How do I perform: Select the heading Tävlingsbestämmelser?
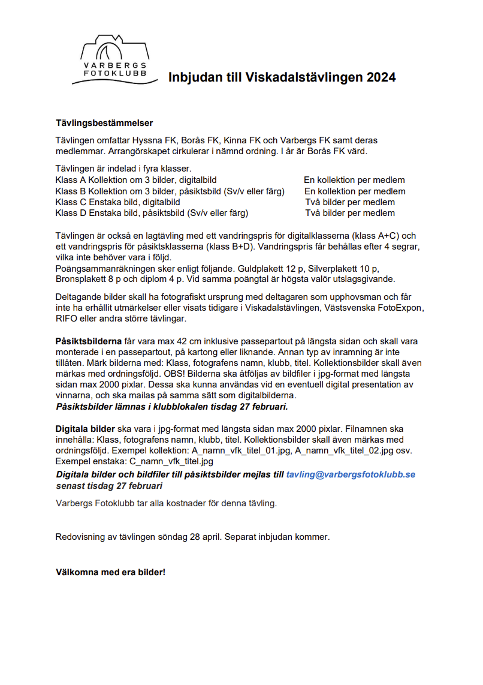(104, 124)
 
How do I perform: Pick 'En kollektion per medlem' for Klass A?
(354, 180)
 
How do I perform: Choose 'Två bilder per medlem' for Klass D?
(350, 213)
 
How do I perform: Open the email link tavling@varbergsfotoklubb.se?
(351, 474)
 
